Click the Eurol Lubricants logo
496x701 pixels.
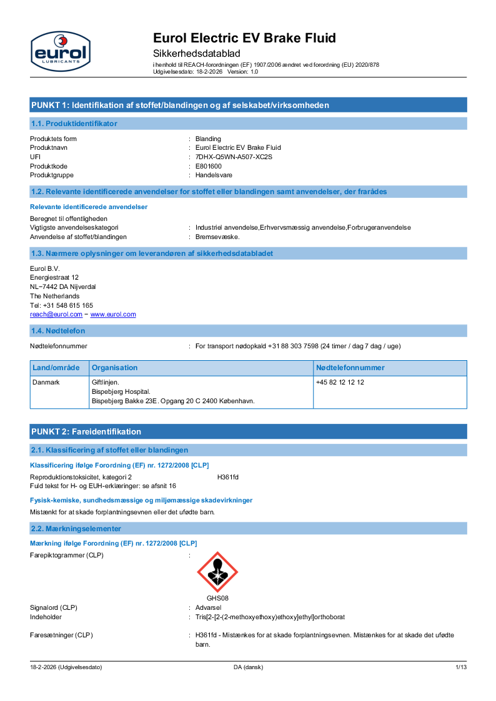tap(60, 50)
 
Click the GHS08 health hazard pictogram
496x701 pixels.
tap(217, 572)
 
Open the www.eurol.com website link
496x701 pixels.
tap(113, 315)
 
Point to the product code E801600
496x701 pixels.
tap(209, 166)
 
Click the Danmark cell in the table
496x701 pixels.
tap(46, 382)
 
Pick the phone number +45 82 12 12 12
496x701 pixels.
tap(340, 382)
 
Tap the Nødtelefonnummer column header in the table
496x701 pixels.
tap(350, 368)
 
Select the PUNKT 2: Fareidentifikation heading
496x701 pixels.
tap(86, 431)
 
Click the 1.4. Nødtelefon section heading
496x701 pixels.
tap(58, 330)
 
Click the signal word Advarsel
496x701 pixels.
tap(208, 607)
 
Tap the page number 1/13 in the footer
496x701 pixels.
tap(461, 667)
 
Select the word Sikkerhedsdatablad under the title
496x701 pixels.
tap(197, 54)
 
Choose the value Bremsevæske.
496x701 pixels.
tap(217, 237)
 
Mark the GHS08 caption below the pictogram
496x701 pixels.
tap(217, 598)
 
